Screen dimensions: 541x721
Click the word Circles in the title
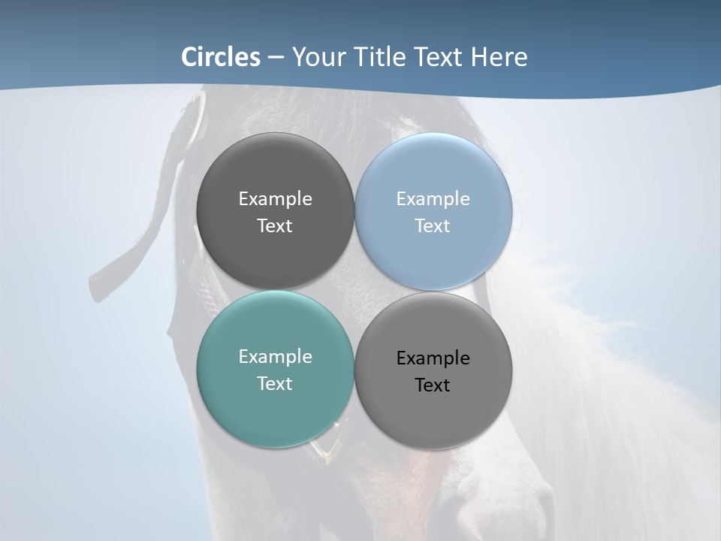(x=220, y=57)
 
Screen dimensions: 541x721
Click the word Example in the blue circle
(x=433, y=199)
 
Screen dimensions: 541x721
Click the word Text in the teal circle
(x=275, y=384)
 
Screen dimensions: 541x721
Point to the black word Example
(x=433, y=358)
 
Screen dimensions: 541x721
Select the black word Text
(x=433, y=385)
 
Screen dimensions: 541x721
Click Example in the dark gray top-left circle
(x=275, y=199)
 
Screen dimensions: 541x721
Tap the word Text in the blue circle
(x=433, y=226)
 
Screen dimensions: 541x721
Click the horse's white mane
(x=601, y=376)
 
